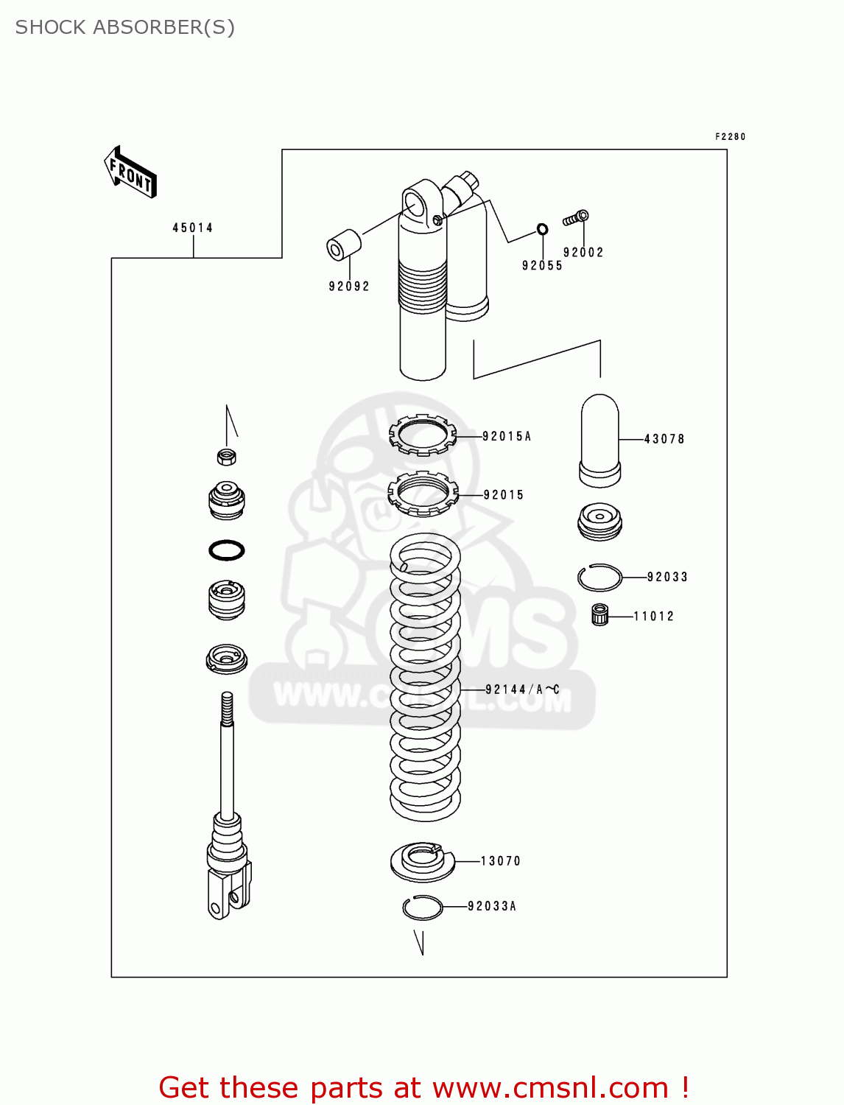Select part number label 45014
pyautogui.click(x=193, y=228)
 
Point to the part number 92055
pyautogui.click(x=542, y=266)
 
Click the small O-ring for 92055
pyautogui.click(x=542, y=229)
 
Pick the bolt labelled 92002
pyautogui.click(x=576, y=218)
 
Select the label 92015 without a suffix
pyautogui.click(x=504, y=495)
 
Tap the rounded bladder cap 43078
pyautogui.click(x=600, y=441)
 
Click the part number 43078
pyautogui.click(x=664, y=439)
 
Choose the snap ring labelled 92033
pyautogui.click(x=599, y=578)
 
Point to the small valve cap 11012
pyautogui.click(x=600, y=614)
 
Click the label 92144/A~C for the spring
pyautogui.click(x=522, y=690)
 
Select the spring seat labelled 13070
pyautogui.click(x=422, y=861)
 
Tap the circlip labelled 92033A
pyautogui.click(x=422, y=908)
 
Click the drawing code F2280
pyautogui.click(x=731, y=137)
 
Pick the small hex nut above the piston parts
pyautogui.click(x=227, y=457)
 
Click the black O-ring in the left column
pyautogui.click(x=227, y=550)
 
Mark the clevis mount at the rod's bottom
pyautogui.click(x=228, y=891)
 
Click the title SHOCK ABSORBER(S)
pyautogui.click(x=125, y=27)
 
